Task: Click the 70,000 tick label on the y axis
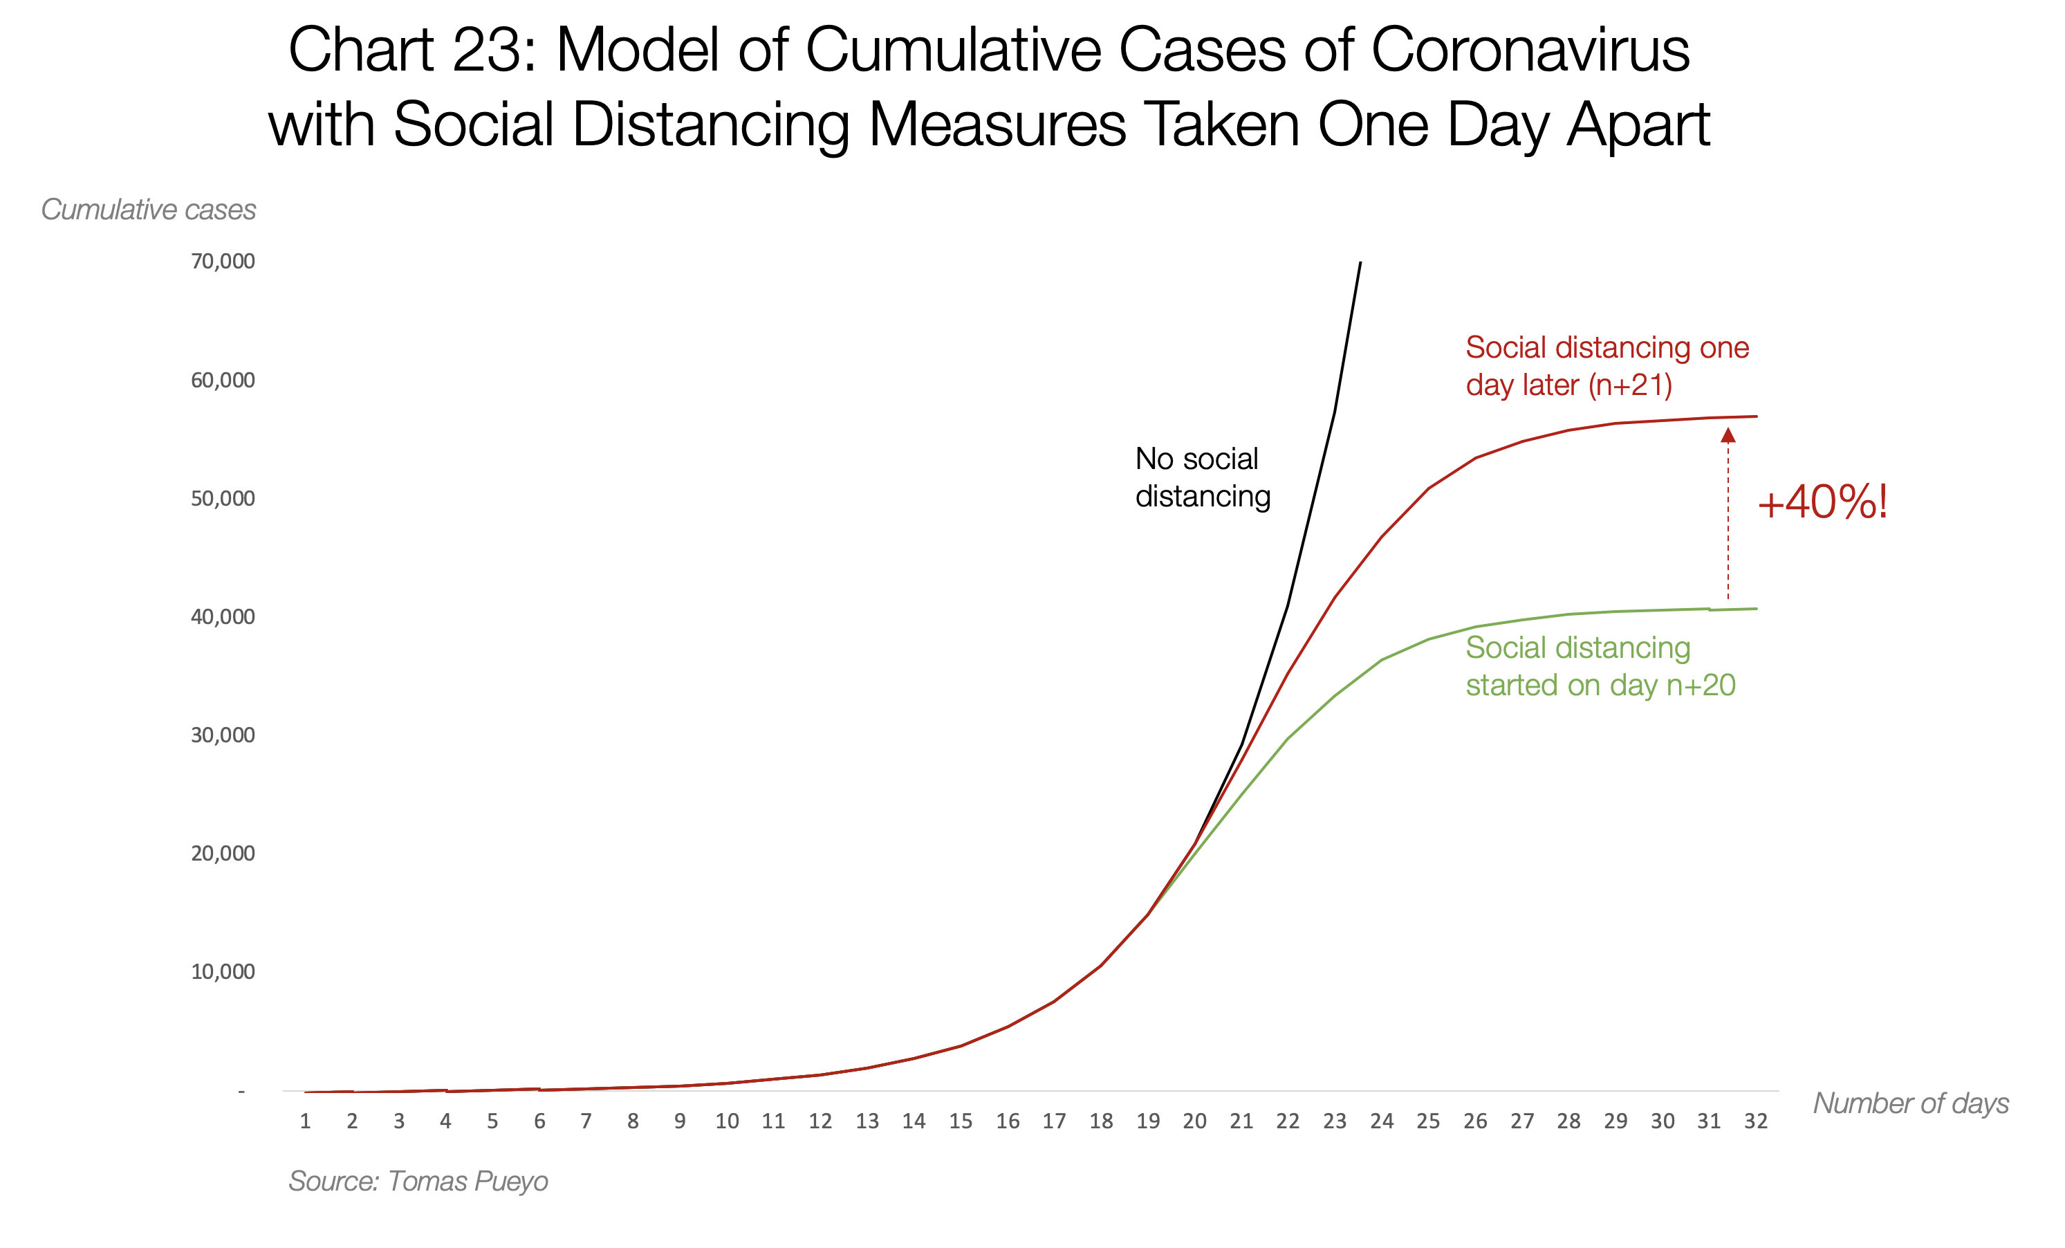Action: coord(222,261)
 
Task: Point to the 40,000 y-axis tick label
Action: coord(222,617)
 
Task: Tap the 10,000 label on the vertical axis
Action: coord(222,971)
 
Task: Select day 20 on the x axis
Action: coord(1194,1121)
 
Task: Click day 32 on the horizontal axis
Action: coord(1756,1121)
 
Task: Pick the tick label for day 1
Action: coord(305,1121)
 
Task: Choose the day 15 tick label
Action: coord(961,1121)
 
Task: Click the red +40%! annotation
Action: coord(1822,503)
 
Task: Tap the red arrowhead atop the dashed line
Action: coord(1728,435)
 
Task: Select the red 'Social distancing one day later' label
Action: coord(1606,365)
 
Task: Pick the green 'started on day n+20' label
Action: coord(1600,686)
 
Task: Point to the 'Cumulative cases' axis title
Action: coord(148,210)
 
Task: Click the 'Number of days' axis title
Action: coord(1911,1103)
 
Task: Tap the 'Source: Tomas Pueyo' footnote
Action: coord(418,1181)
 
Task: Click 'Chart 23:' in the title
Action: coord(411,51)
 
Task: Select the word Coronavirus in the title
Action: coord(1530,51)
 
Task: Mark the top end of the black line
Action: coord(1360,263)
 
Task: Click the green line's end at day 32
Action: coord(1756,609)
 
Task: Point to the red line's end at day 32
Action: coord(1756,416)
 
